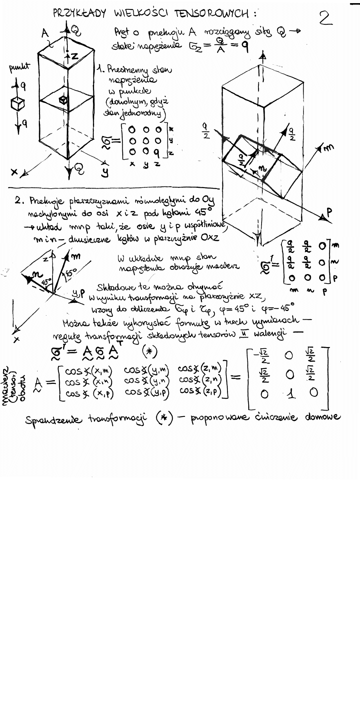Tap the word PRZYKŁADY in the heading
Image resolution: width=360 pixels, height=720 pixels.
click(x=79, y=14)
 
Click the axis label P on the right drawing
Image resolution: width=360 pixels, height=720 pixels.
click(x=329, y=213)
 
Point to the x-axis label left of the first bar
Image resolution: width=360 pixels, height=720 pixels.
click(x=15, y=172)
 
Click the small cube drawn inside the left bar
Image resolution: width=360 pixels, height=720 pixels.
click(x=63, y=100)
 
